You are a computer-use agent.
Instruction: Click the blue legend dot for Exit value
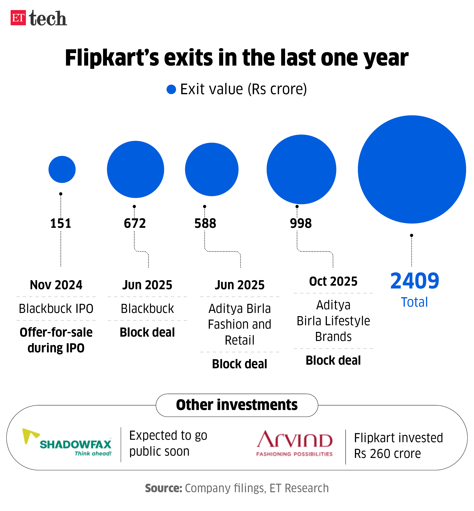[x=171, y=89]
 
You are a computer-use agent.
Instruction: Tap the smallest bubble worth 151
[x=62, y=169]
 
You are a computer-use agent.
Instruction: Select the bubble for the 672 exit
[x=135, y=169]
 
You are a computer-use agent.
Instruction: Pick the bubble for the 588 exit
[x=212, y=169]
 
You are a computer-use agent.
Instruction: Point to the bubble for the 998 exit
[x=301, y=169]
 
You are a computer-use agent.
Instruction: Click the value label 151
[x=60, y=223]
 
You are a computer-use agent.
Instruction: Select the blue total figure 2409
[x=414, y=281]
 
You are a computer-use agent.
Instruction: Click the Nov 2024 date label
[x=56, y=285]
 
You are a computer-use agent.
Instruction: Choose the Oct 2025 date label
[x=333, y=281]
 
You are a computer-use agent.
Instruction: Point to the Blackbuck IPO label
[x=56, y=308]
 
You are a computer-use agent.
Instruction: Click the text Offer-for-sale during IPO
[x=56, y=340]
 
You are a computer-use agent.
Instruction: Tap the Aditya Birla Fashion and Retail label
[x=240, y=324]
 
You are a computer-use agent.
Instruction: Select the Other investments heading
[x=237, y=405]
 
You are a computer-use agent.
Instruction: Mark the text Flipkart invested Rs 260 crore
[x=398, y=446]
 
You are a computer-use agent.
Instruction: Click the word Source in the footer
[x=163, y=488]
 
